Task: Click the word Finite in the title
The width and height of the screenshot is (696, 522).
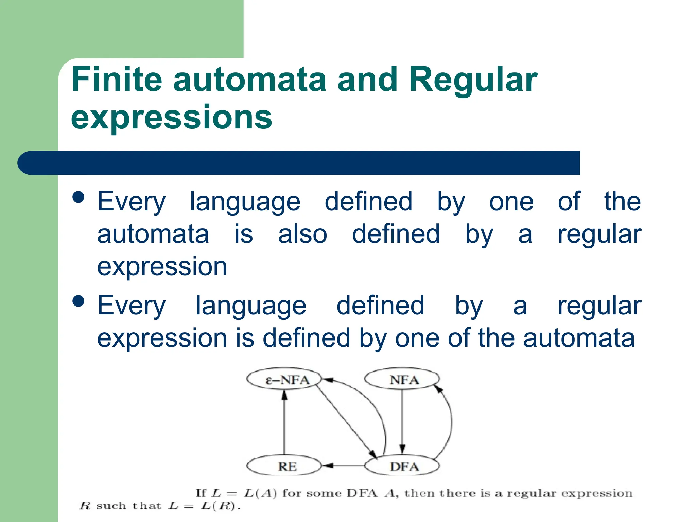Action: tap(117, 80)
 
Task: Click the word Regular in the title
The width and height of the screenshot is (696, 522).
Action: tap(473, 80)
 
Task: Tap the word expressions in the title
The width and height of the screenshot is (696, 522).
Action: tap(172, 117)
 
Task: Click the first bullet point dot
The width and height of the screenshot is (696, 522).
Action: tap(79, 197)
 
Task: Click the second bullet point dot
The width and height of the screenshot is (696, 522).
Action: tap(79, 301)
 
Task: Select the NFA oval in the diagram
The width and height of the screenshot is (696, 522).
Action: tap(402, 380)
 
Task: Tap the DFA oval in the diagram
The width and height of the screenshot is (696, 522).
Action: tap(402, 466)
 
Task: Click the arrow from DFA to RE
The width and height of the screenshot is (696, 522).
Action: tap(343, 466)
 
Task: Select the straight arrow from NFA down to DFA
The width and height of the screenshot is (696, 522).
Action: tap(402, 421)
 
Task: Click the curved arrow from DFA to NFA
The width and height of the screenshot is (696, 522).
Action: tap(451, 421)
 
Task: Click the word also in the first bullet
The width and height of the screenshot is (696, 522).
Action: tap(302, 234)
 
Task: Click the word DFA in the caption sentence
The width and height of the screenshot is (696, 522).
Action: tap(362, 493)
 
